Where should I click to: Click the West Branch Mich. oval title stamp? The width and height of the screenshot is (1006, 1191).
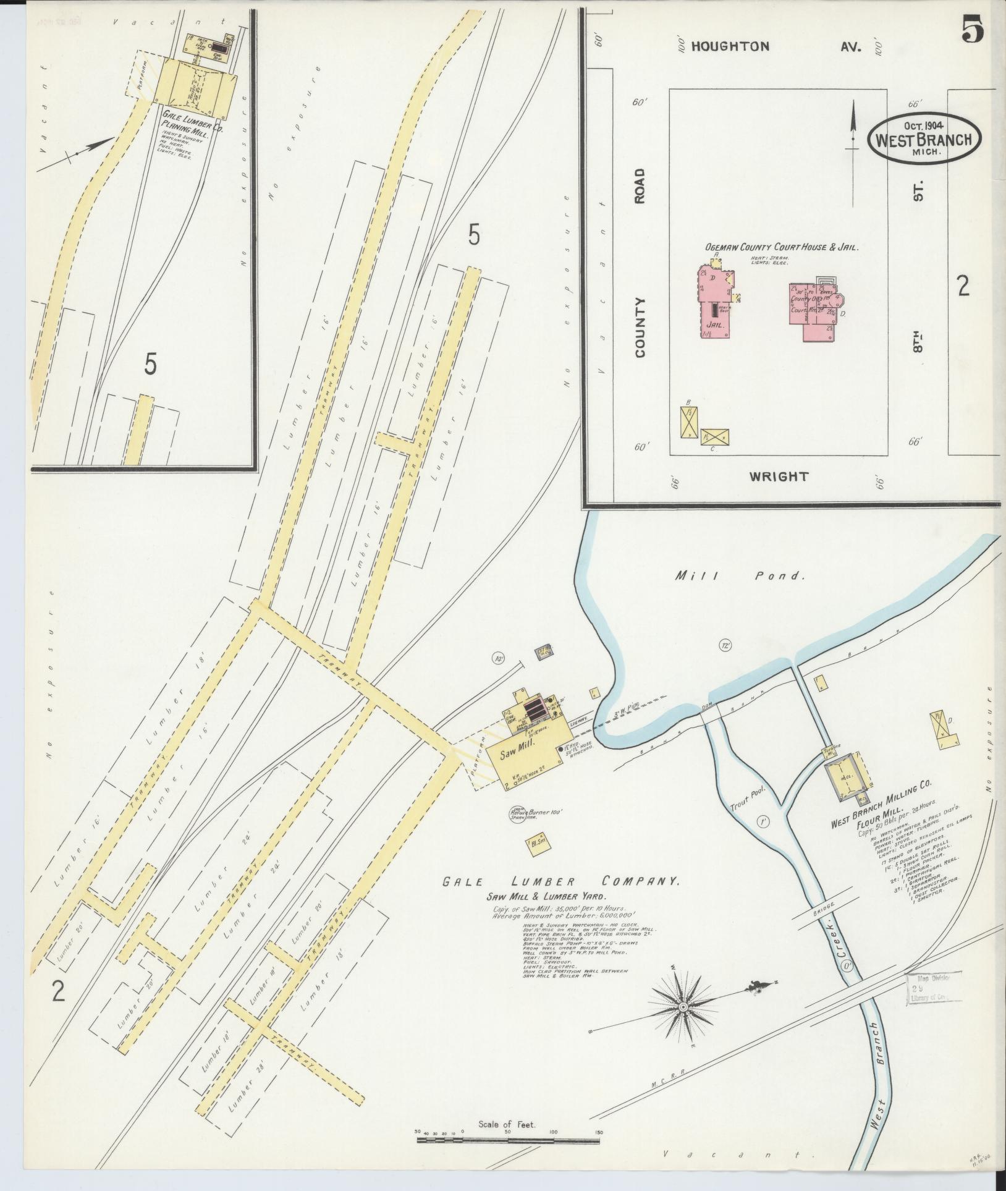[924, 138]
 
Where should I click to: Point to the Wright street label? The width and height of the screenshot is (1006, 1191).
[778, 477]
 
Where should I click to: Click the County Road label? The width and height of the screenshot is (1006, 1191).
[639, 263]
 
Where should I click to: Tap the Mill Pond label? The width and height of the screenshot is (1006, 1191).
[740, 576]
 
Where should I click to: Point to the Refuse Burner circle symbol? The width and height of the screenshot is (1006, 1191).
[516, 814]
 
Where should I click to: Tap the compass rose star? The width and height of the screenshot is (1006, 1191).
[683, 1007]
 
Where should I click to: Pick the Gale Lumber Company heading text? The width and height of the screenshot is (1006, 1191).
[561, 882]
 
